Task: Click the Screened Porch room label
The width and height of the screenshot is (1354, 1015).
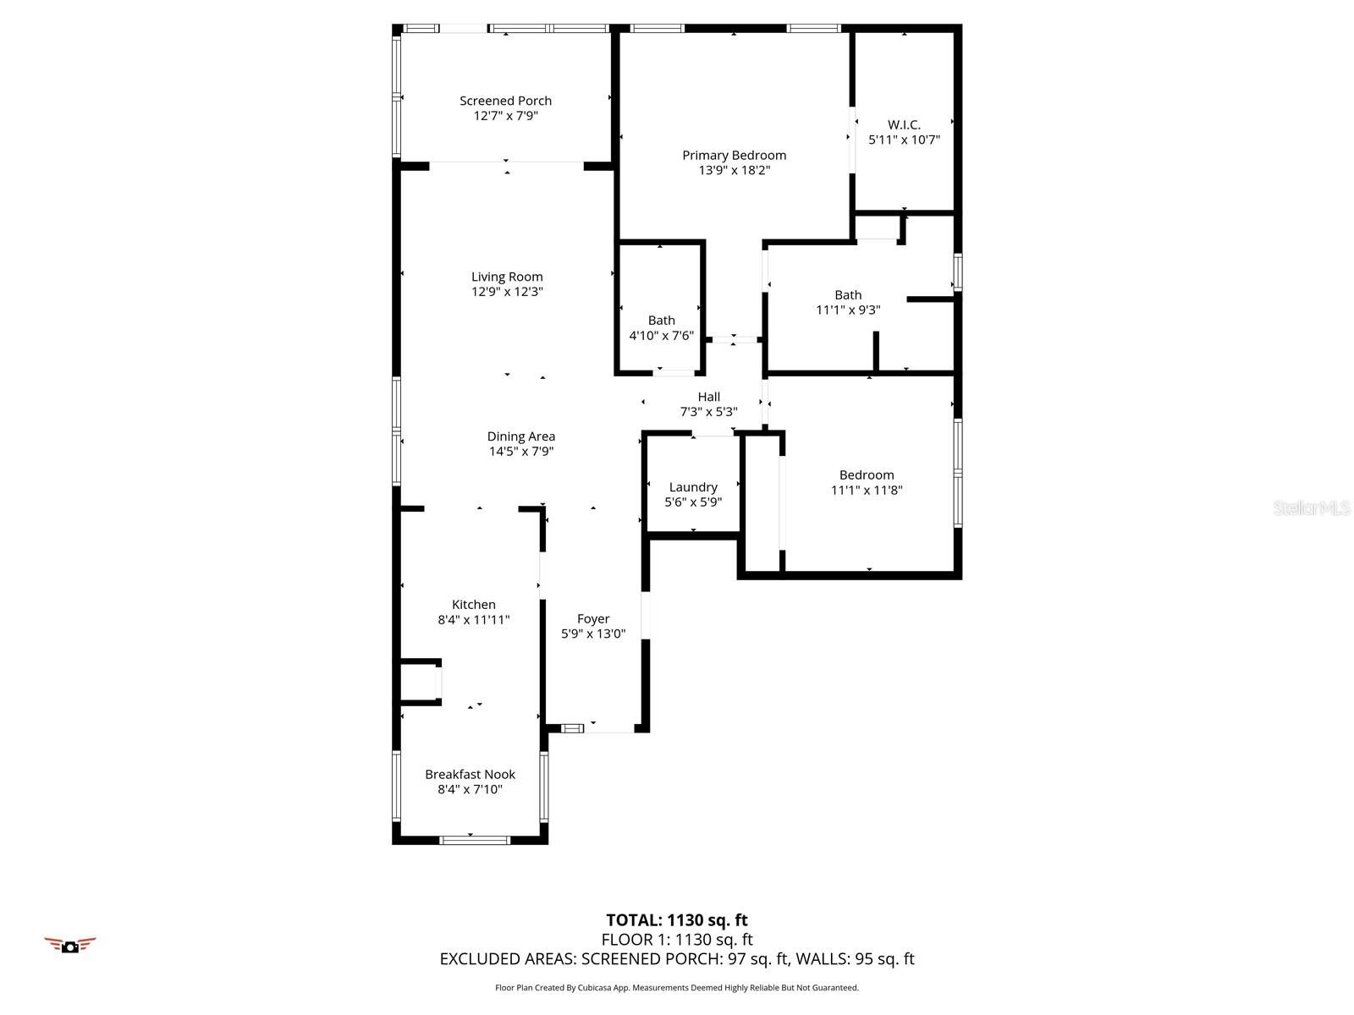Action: click(x=505, y=101)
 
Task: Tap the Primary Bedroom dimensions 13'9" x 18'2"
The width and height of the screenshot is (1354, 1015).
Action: click(x=734, y=170)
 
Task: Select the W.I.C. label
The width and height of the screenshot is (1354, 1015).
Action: click(x=904, y=125)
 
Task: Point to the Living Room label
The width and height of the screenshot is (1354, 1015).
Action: click(x=507, y=277)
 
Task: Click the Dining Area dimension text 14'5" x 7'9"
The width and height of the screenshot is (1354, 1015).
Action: click(x=520, y=452)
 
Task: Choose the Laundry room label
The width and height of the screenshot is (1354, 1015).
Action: click(x=693, y=487)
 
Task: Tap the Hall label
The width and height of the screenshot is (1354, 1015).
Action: click(x=708, y=397)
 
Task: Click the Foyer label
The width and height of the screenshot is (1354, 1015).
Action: click(x=593, y=619)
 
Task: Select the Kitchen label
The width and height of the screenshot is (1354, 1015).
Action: click(x=473, y=605)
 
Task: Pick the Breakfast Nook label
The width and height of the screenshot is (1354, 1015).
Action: click(x=470, y=775)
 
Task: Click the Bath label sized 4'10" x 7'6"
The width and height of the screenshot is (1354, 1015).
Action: click(x=661, y=321)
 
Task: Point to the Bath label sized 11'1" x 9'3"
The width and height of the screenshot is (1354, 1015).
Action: click(x=848, y=295)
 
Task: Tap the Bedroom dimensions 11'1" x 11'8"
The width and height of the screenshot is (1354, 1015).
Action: click(x=867, y=490)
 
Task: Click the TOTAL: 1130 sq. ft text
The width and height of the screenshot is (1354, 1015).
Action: click(x=677, y=920)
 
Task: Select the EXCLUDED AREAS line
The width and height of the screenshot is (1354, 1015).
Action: click(x=677, y=959)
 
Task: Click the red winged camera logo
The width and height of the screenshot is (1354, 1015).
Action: click(x=70, y=945)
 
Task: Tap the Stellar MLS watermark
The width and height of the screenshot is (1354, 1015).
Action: click(x=1312, y=508)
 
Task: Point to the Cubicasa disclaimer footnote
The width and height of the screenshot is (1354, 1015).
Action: click(x=677, y=988)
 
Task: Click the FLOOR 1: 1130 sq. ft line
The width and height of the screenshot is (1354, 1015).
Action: click(x=677, y=940)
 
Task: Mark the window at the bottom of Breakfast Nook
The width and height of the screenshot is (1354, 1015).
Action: click(x=474, y=840)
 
